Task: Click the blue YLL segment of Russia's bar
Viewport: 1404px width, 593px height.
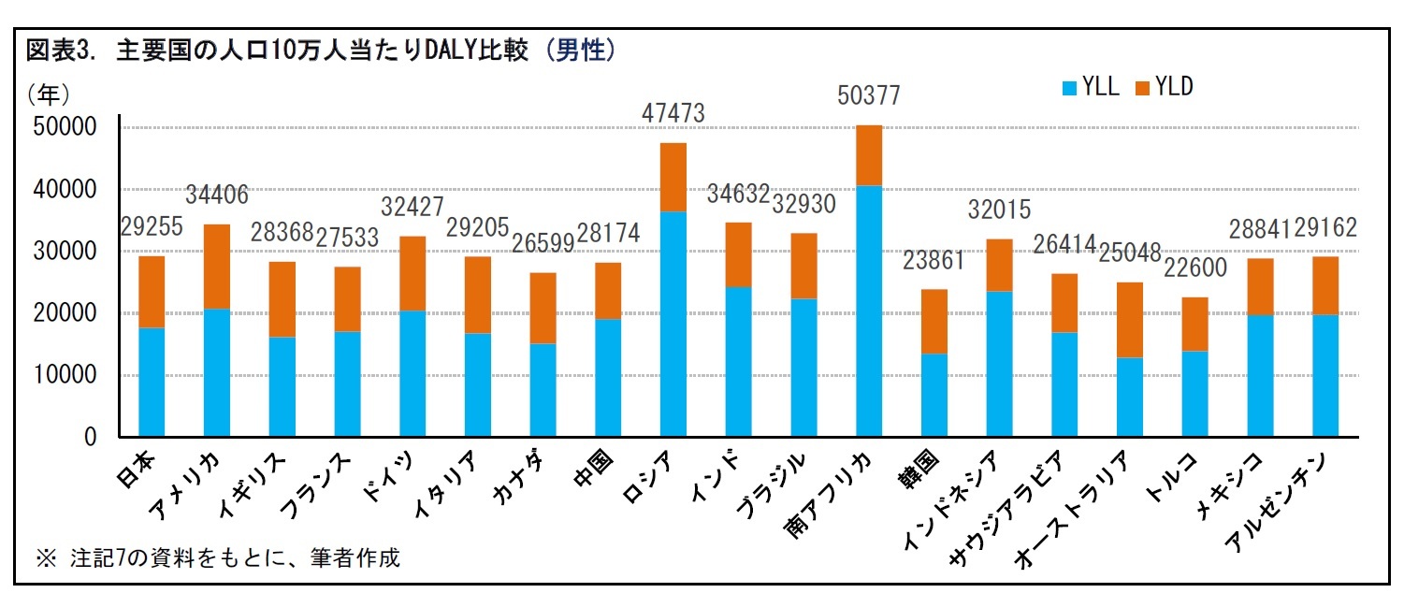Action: click(673, 324)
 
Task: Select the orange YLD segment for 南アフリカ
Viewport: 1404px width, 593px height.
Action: click(869, 155)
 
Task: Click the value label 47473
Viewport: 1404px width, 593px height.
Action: click(673, 113)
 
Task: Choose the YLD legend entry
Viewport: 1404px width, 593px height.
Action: click(1164, 88)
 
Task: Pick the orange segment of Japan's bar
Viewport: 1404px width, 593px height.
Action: click(151, 292)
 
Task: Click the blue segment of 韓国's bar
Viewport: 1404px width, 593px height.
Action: click(934, 395)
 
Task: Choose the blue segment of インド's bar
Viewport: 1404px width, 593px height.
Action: click(738, 361)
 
